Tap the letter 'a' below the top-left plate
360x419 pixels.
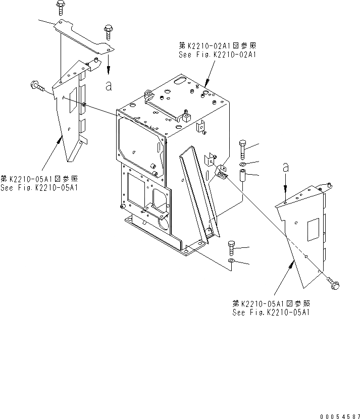(108, 86)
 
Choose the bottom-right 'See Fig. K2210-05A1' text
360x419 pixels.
(271, 312)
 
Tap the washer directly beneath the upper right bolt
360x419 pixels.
(243, 165)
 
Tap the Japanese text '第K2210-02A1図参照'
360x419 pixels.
(218, 44)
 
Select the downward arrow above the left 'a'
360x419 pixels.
(108, 64)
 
